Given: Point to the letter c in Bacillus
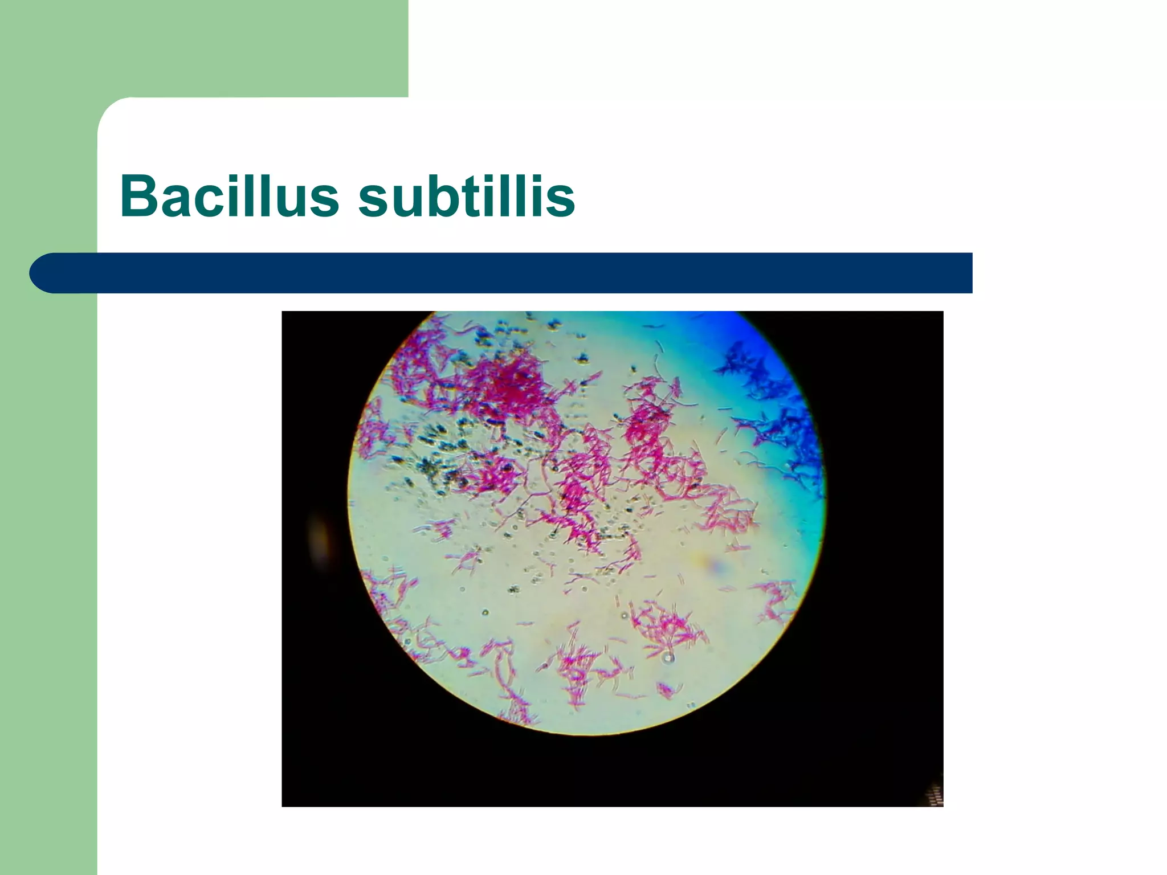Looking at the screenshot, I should coord(210,201).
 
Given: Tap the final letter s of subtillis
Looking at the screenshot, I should coord(562,201).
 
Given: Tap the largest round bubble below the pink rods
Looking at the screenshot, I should coord(668,659).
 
